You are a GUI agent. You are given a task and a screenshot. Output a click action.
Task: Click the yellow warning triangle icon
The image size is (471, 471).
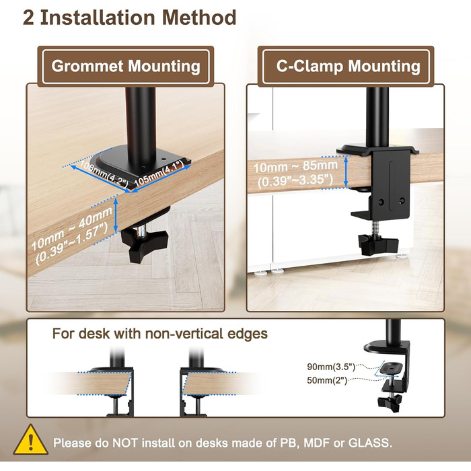coord(31,440)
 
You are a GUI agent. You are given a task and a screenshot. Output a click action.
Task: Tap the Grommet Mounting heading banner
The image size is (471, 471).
coord(126,67)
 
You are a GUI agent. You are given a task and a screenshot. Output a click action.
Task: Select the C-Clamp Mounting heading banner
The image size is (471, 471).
coord(346,67)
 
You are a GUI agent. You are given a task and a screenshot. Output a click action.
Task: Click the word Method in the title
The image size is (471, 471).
coord(199,17)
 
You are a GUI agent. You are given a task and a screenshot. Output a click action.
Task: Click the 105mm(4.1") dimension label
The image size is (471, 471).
coord(159,174)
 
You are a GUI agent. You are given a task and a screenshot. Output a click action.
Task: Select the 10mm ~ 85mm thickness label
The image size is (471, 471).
coord(295,166)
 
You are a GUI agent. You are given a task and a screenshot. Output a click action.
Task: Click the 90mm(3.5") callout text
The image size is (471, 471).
coord(331,367)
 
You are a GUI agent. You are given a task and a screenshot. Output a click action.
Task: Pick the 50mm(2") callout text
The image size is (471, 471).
coord(327,380)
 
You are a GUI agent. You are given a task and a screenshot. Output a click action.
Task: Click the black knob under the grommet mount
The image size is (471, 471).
coord(143,245)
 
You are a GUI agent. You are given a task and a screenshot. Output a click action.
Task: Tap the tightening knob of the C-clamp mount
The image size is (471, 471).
coord(378,244)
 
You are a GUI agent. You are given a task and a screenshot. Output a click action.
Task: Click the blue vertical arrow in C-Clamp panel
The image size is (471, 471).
coord(346,172)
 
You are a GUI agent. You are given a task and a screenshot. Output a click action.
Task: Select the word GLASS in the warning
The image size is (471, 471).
coord(370,443)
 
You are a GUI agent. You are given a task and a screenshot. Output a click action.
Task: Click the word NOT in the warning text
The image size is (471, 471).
coord(125,443)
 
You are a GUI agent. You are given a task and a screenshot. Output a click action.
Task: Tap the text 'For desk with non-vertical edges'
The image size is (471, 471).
coord(160,334)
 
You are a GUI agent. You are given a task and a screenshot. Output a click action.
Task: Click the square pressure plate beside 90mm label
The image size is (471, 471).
coord(390,369)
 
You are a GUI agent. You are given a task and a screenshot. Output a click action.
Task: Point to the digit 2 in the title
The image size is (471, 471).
coord(28,17)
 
